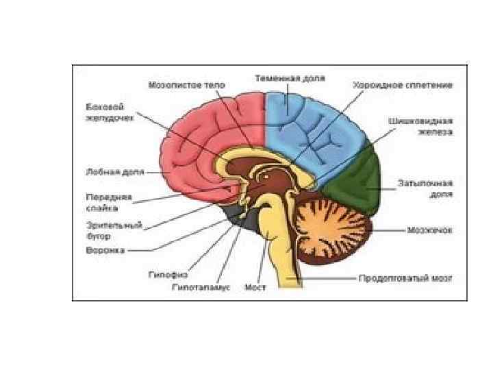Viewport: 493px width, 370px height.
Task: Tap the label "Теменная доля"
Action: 290,78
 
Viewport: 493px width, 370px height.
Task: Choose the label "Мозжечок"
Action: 431,230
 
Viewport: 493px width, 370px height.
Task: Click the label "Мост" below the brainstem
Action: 255,287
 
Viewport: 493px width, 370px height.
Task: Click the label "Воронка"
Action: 105,250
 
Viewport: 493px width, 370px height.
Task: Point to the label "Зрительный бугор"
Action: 105,229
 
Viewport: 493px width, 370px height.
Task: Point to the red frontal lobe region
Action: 199,137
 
